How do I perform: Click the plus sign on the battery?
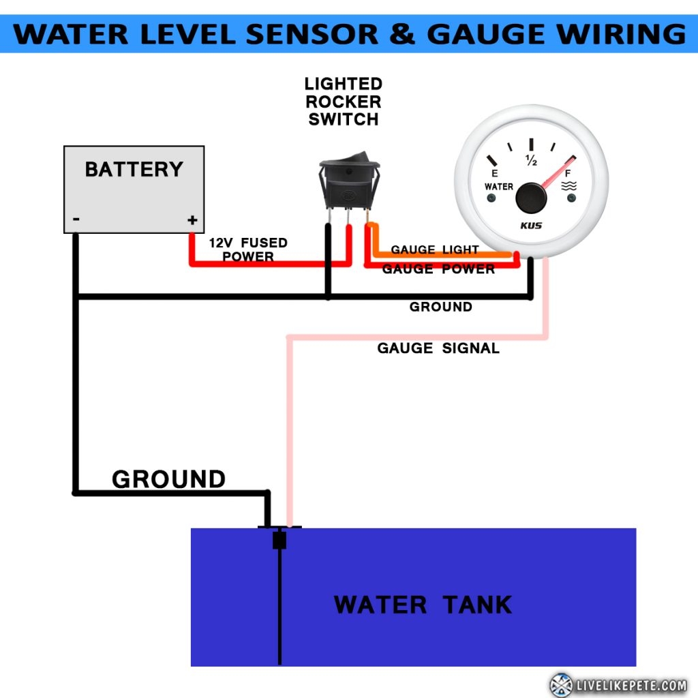click(192, 220)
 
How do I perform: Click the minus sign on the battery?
click(76, 219)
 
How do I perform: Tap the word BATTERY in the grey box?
click(134, 169)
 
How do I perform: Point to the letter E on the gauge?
click(495, 174)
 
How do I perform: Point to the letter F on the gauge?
click(568, 174)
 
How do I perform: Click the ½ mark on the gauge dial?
click(531, 161)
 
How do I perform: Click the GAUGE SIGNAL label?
click(438, 348)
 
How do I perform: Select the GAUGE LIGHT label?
click(434, 250)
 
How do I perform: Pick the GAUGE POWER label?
click(438, 269)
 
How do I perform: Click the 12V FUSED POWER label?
click(248, 249)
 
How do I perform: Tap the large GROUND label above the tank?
click(168, 479)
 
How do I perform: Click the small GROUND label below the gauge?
click(440, 307)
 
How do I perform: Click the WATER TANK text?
click(423, 605)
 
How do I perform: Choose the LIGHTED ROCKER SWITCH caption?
click(343, 102)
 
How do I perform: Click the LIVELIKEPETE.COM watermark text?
click(631, 684)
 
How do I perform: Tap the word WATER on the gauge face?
click(498, 187)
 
